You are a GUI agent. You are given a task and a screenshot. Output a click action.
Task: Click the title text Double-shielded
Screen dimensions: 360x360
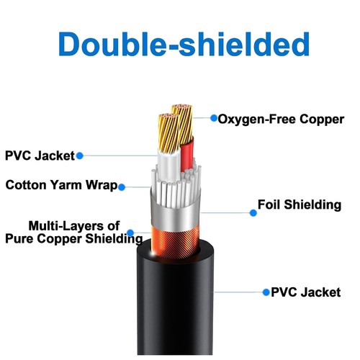[184, 44]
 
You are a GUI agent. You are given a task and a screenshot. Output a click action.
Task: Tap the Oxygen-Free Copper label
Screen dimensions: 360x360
[281, 120]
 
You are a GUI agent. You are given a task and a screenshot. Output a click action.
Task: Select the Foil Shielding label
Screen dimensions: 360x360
[300, 204]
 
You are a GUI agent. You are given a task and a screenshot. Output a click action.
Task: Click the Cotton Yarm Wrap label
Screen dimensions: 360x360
[61, 185]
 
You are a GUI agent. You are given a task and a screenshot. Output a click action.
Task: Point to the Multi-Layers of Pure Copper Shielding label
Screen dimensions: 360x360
[74, 233]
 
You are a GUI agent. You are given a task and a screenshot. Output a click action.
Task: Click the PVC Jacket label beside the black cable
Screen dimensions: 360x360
[305, 292]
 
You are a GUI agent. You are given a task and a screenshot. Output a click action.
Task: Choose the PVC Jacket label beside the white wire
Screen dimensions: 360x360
[40, 156]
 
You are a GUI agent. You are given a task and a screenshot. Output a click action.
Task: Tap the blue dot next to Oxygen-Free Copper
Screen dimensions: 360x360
[214, 118]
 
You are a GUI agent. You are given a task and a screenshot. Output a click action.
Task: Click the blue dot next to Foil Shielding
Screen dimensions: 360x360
[253, 213]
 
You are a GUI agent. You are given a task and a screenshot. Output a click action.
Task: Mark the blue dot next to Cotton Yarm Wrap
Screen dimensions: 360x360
[122, 187]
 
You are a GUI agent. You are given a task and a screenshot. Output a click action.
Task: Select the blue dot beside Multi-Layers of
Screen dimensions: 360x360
[130, 233]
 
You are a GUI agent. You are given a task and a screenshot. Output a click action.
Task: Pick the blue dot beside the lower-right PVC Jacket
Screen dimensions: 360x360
[266, 292]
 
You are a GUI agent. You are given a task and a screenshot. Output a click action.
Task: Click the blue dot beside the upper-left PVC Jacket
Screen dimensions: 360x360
[80, 156]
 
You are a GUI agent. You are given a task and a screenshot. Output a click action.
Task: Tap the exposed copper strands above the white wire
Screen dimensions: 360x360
[169, 132]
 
